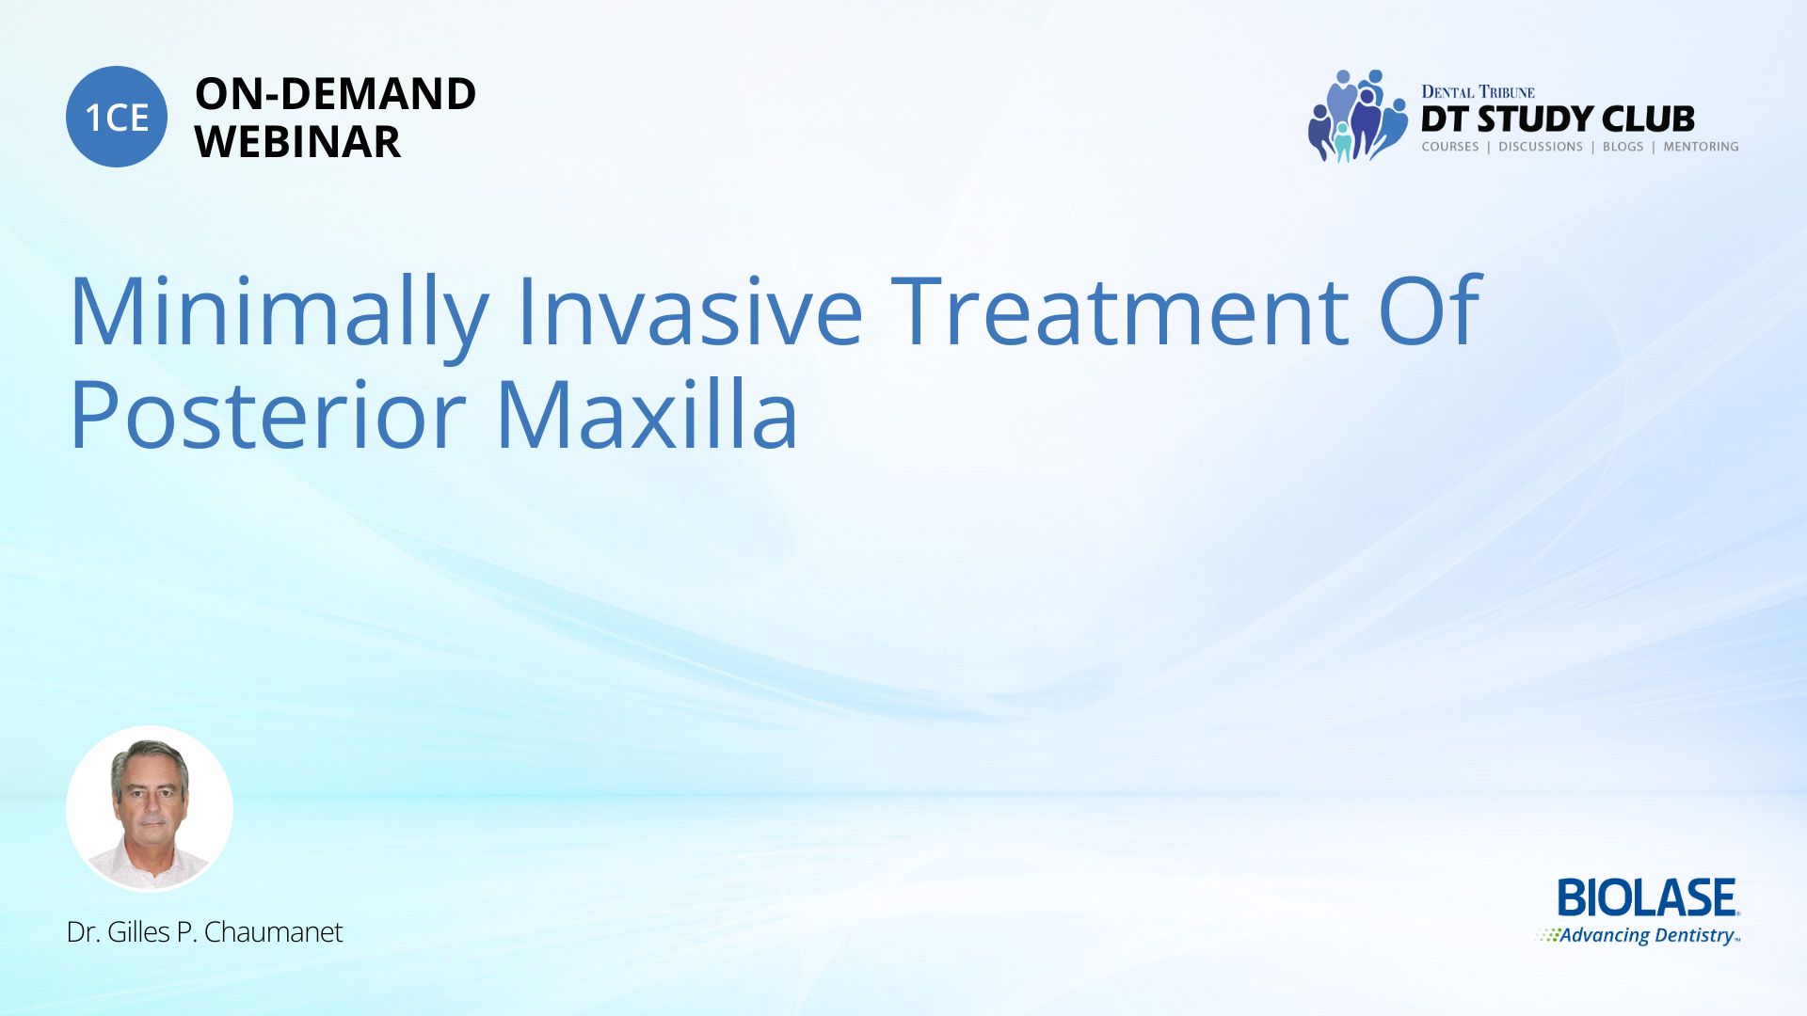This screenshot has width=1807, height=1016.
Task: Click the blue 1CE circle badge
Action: click(117, 117)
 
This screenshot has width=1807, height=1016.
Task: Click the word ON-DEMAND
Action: click(336, 94)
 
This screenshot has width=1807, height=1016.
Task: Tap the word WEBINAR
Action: click(298, 142)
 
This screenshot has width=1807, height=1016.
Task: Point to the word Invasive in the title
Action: click(690, 310)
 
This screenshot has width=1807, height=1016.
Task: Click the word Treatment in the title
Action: click(1120, 310)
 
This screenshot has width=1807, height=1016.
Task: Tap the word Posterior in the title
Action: click(268, 414)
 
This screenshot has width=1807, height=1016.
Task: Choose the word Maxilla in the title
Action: click(648, 412)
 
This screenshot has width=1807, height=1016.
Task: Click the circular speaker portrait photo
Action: click(150, 808)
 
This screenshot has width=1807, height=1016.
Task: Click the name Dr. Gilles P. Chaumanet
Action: click(204, 932)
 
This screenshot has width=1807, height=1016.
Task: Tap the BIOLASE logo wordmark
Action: click(1648, 898)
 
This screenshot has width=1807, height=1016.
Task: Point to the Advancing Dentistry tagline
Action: click(1639, 935)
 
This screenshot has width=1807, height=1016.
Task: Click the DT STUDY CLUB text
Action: click(1558, 119)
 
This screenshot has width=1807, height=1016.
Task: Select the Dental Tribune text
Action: click(1478, 92)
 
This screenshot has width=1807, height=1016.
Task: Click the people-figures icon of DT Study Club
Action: click(1357, 116)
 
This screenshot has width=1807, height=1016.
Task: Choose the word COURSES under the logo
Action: click(1450, 147)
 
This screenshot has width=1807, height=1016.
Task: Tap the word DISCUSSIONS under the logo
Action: click(1541, 147)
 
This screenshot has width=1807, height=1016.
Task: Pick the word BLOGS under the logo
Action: click(1623, 147)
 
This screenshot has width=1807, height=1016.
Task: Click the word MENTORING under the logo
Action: click(1701, 147)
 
